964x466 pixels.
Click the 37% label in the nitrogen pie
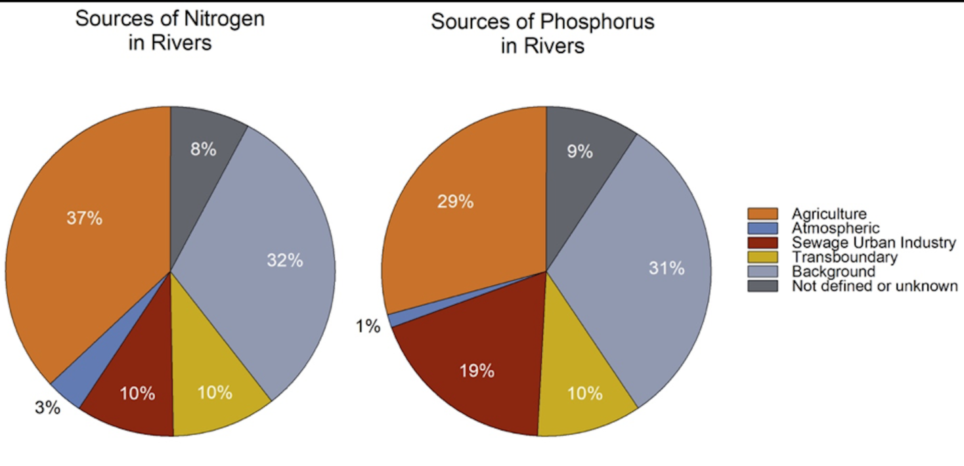click(85, 218)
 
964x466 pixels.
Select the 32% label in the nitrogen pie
click(285, 261)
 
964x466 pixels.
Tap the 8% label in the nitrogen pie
click(203, 149)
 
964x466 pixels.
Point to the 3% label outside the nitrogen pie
click(47, 408)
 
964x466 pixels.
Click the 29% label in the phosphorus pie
click(455, 201)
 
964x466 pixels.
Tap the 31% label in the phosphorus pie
click(667, 268)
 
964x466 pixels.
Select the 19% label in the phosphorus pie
click(477, 371)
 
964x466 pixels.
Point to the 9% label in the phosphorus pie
click(580, 152)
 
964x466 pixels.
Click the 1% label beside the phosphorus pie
click(368, 326)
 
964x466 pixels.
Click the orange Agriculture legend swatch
click(762, 214)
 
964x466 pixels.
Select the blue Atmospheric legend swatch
click(762, 228)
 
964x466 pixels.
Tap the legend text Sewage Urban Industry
click(873, 243)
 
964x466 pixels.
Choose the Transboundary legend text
click(844, 257)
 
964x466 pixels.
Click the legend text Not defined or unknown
click(875, 286)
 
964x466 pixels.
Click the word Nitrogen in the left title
click(224, 19)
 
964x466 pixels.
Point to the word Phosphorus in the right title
click(597, 22)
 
